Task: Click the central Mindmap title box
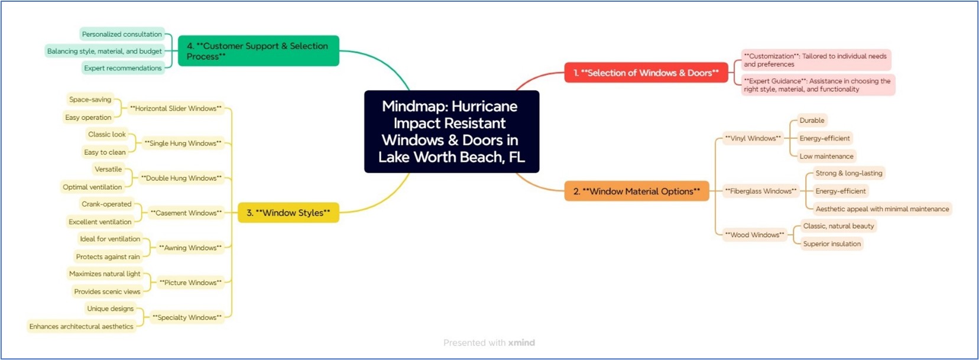point(452,131)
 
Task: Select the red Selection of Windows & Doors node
point(646,73)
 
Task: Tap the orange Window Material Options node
point(636,191)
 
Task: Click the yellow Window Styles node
point(288,213)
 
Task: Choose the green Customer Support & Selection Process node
point(258,51)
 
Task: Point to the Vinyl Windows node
point(753,138)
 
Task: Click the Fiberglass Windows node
point(760,191)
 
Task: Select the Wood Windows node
point(754,235)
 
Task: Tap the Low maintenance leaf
point(826,156)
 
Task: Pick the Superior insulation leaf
point(831,244)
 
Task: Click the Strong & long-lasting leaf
point(848,173)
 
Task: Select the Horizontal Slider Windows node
point(176,108)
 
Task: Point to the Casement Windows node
point(186,213)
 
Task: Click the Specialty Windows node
point(187,317)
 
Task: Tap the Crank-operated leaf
point(106,204)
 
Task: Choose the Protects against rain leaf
point(108,257)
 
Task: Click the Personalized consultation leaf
point(122,34)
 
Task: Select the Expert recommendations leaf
point(122,68)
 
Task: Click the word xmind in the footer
point(521,343)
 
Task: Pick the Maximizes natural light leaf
point(105,274)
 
